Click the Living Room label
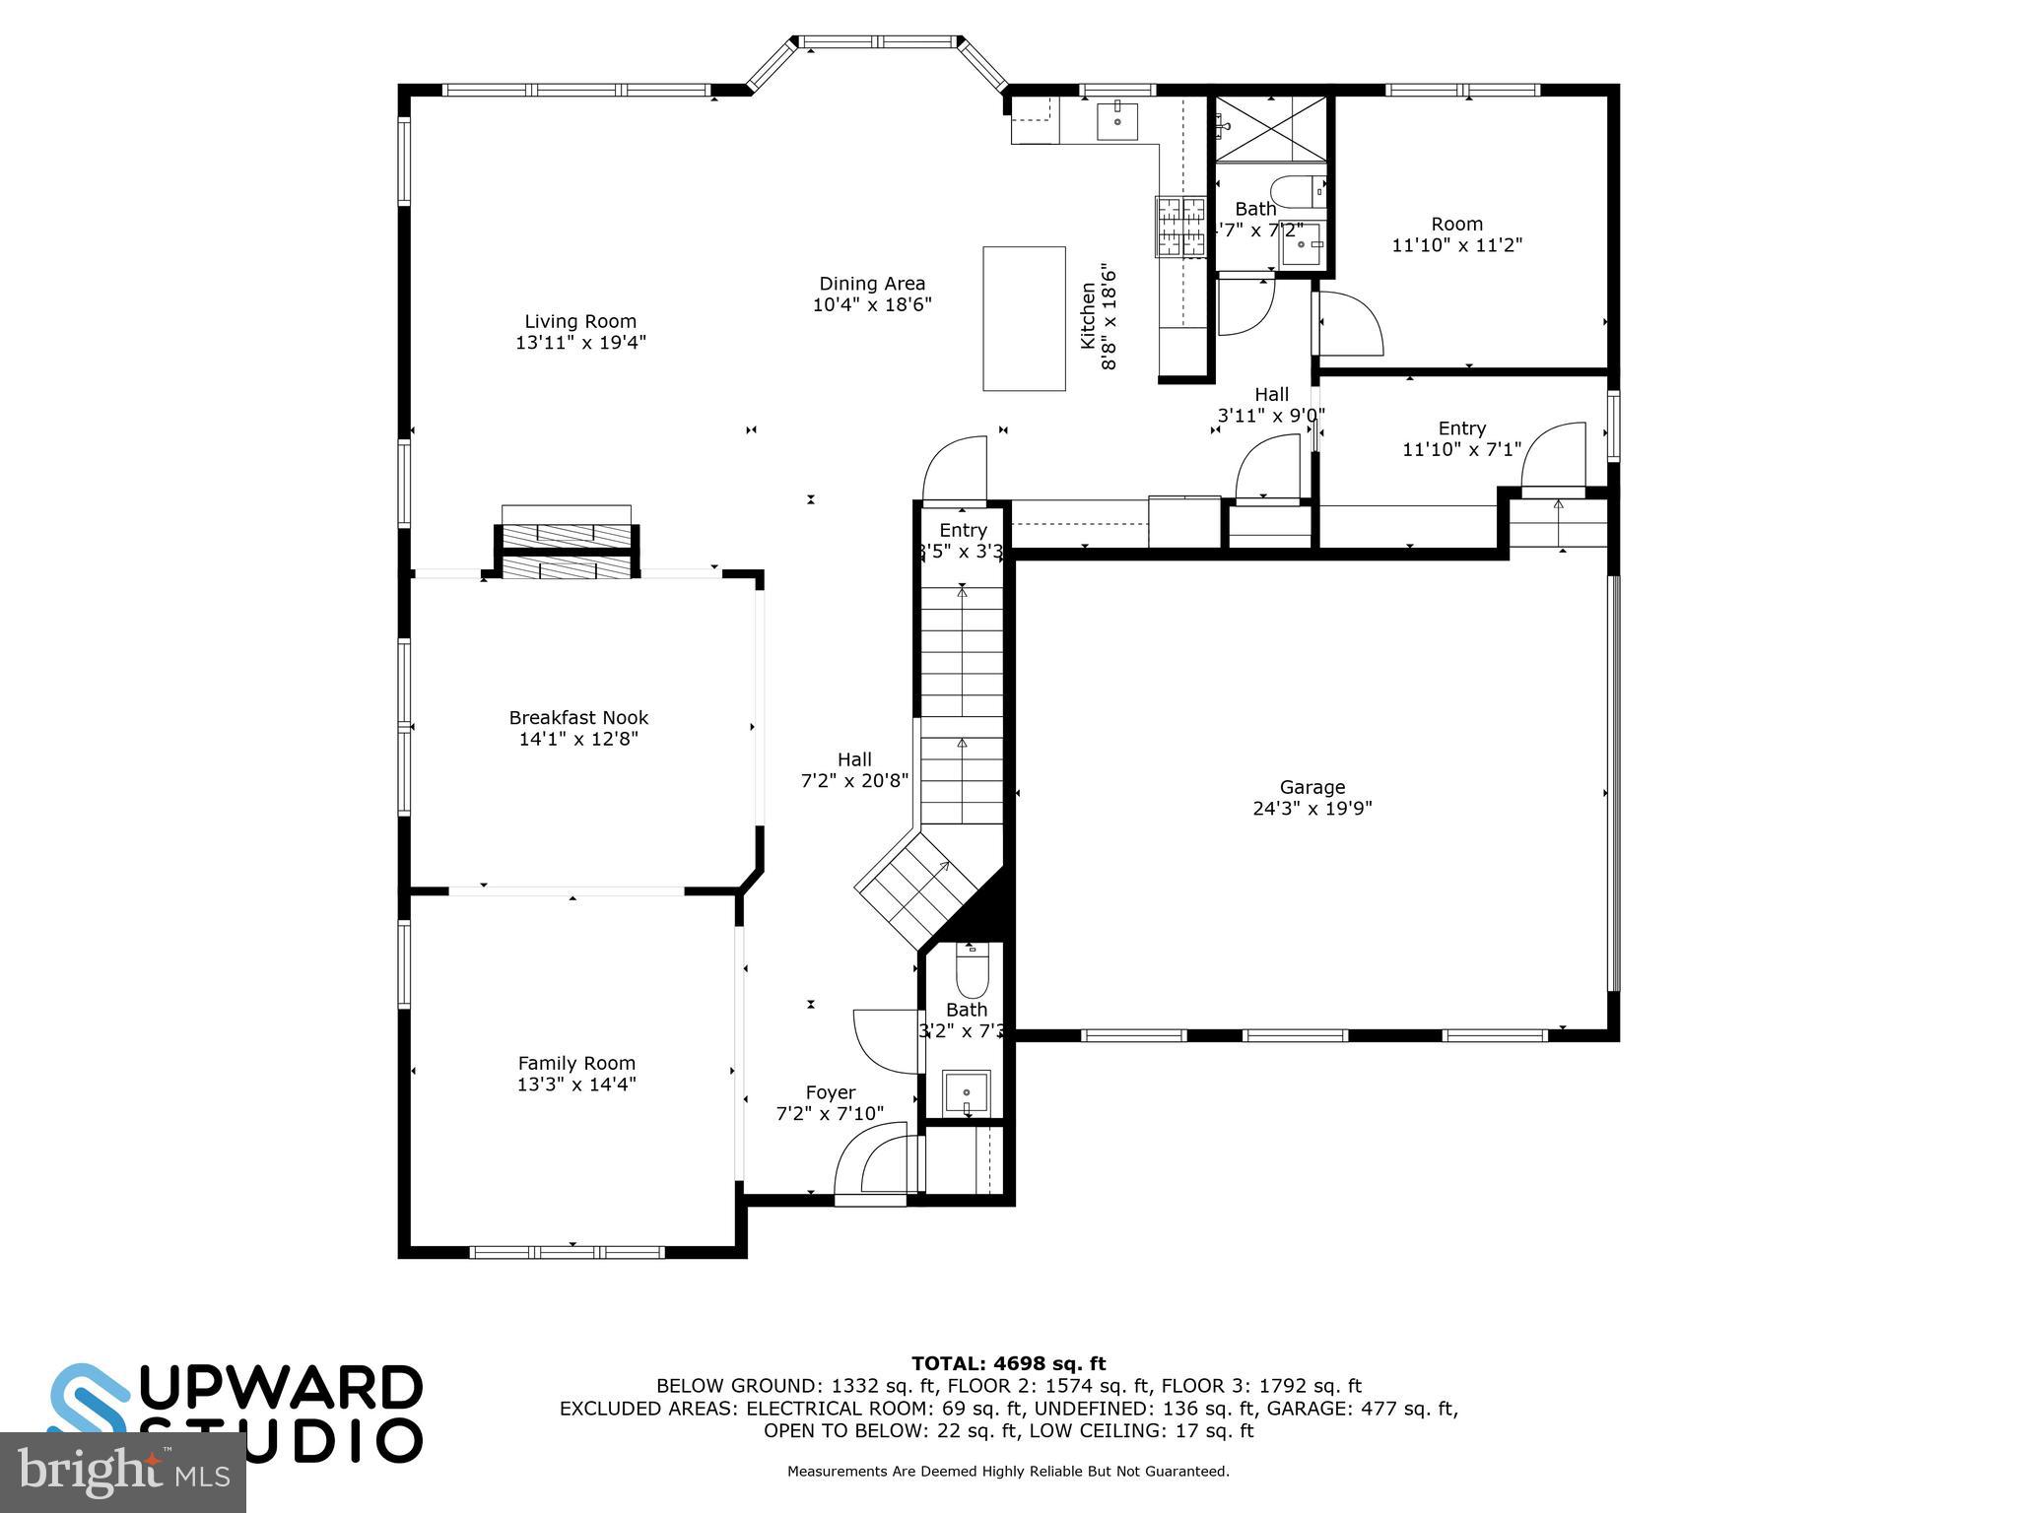click(579, 321)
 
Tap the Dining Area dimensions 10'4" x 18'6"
click(871, 305)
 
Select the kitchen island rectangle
click(1024, 318)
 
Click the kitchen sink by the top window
click(1117, 121)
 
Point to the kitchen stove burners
click(1180, 227)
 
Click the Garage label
click(1312, 787)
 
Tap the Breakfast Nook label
click(578, 718)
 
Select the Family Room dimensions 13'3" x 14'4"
click(576, 1085)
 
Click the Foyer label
click(830, 1092)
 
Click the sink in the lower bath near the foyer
click(967, 1092)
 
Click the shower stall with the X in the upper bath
click(1270, 129)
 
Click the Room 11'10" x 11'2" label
click(1456, 234)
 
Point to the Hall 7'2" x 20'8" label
click(853, 770)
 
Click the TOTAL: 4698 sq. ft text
click(1008, 1363)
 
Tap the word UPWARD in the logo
click(285, 1390)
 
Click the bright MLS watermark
click(122, 1472)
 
